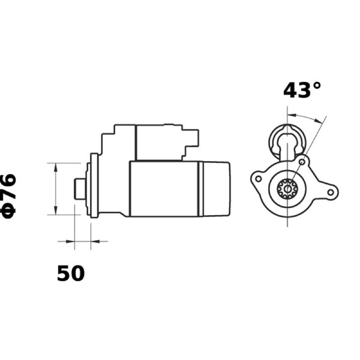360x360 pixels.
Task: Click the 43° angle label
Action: (301, 91)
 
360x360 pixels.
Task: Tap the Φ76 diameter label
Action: (8, 196)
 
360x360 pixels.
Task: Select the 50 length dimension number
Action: (71, 273)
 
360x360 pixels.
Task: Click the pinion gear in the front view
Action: (287, 189)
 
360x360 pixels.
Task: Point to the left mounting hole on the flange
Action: (258, 178)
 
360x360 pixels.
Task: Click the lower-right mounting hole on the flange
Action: (331, 192)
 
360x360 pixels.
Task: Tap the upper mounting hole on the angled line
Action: (302, 162)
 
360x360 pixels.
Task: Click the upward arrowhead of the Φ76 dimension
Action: (55, 167)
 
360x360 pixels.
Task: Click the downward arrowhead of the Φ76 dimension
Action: (55, 210)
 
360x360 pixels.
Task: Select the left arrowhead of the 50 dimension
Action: (70, 241)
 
